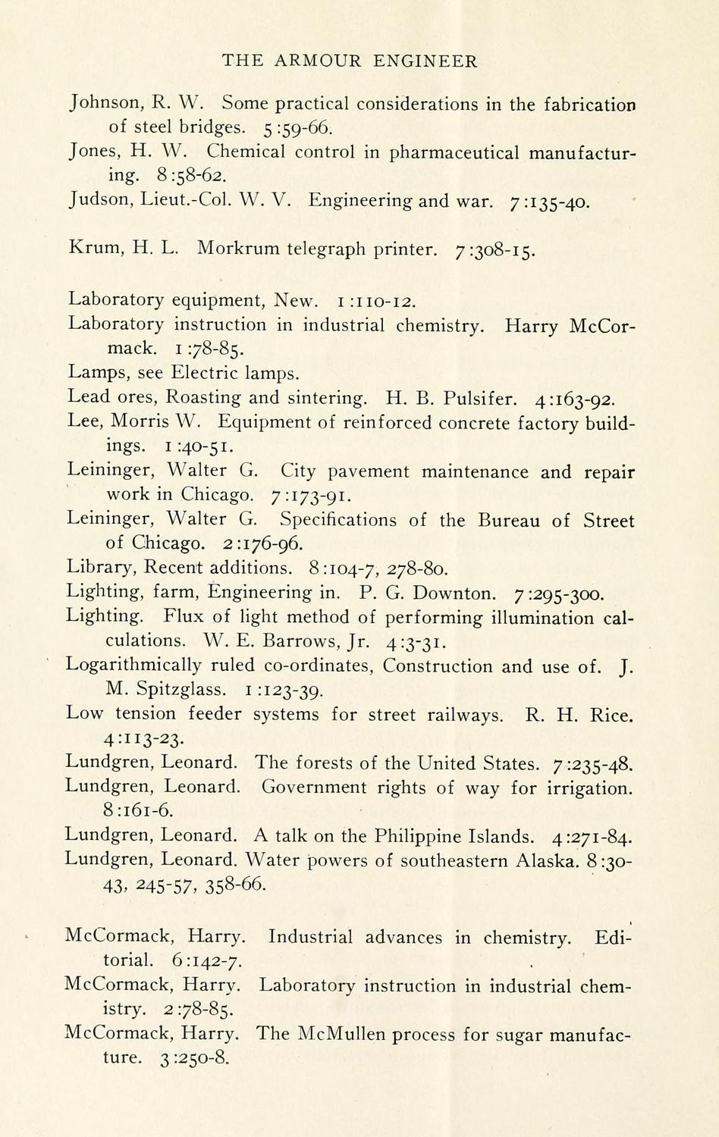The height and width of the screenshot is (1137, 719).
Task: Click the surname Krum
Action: pos(92,248)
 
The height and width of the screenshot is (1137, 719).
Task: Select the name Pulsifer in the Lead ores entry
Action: pos(480,397)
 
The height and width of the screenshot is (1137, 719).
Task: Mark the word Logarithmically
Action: pos(133,665)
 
